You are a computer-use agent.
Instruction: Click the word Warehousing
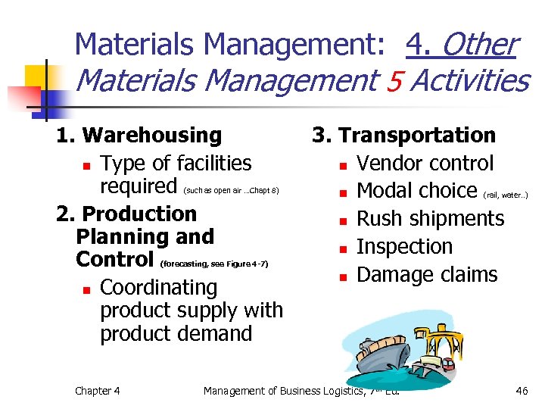pyautogui.click(x=151, y=136)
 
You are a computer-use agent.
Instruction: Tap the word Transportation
pyautogui.click(x=417, y=136)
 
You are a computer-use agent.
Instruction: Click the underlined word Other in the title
pyautogui.click(x=478, y=45)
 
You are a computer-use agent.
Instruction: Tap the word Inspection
pyautogui.click(x=404, y=247)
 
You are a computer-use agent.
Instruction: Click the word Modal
pyautogui.click(x=385, y=191)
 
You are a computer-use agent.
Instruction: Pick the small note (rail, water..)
pyautogui.click(x=505, y=195)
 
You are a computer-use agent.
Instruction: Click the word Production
pyautogui.click(x=139, y=214)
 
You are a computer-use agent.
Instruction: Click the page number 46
pyautogui.click(x=522, y=391)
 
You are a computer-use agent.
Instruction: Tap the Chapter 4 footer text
pyautogui.click(x=97, y=391)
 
